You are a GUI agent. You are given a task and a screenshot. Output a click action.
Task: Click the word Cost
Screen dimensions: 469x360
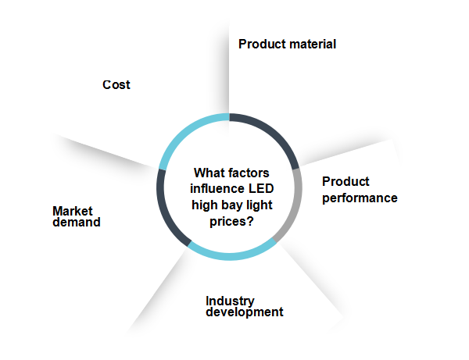click(x=116, y=85)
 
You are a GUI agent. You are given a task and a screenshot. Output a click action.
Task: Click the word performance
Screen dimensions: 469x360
click(x=360, y=198)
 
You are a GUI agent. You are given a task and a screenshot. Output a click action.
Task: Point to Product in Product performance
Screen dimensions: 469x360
click(x=345, y=181)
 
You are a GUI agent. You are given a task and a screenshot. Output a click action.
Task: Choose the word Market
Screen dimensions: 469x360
click(x=73, y=211)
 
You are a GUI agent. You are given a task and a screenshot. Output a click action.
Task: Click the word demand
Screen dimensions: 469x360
click(x=77, y=223)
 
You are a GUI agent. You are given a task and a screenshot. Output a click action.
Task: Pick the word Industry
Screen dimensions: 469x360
click(x=230, y=301)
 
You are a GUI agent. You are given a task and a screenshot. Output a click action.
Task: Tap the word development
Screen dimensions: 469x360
click(x=245, y=312)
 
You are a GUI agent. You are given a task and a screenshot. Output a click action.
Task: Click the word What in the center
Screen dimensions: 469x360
click(x=207, y=173)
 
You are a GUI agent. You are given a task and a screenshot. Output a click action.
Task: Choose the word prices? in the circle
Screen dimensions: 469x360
click(x=231, y=222)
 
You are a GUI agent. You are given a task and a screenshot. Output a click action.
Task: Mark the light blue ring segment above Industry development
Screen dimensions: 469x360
click(x=231, y=255)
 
